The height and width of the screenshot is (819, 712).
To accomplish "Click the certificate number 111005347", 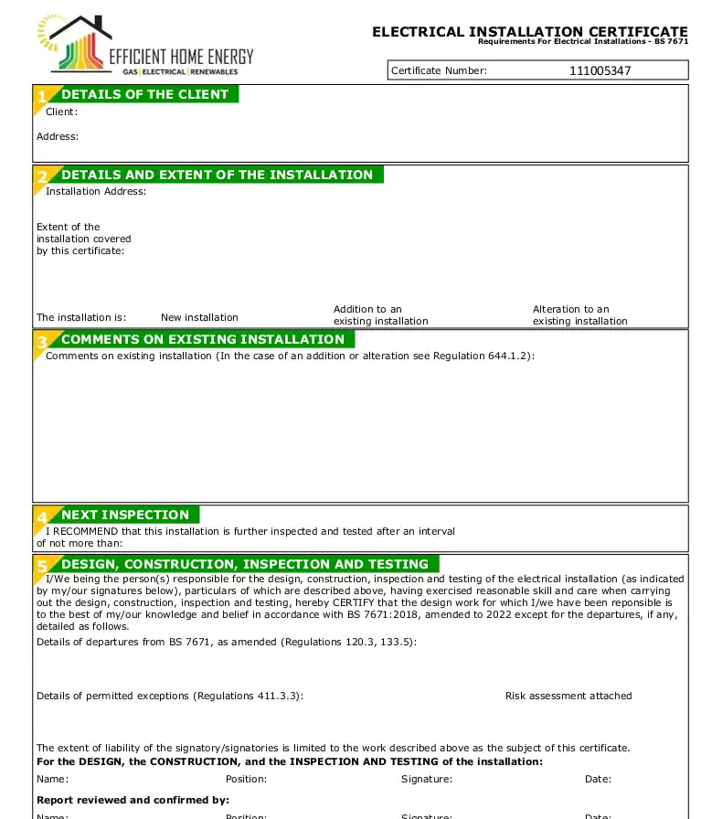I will [600, 70].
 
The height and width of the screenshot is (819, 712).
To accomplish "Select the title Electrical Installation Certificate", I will [529, 32].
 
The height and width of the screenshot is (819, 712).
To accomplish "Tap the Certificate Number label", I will [439, 70].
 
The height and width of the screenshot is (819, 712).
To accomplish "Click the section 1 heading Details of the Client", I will [144, 94].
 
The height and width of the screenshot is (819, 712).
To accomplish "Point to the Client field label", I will [61, 112].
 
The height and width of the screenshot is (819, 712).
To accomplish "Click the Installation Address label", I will [95, 191].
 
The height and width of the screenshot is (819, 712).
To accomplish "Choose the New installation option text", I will [199, 317].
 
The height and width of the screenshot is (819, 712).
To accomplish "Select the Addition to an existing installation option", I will [380, 315].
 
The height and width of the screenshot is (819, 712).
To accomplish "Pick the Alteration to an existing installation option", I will [579, 315].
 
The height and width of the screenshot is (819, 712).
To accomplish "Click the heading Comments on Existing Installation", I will [202, 339].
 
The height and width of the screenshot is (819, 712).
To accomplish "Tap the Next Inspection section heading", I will [124, 515].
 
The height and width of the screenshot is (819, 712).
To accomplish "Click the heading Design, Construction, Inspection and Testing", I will [244, 564].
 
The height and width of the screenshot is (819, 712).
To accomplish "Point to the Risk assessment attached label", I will [569, 696].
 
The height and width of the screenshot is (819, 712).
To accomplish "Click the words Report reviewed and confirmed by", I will [133, 800].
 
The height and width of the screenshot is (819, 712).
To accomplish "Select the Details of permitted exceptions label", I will [169, 696].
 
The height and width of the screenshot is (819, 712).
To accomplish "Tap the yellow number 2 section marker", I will [42, 176].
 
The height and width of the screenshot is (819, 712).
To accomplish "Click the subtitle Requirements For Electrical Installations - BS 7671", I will [582, 42].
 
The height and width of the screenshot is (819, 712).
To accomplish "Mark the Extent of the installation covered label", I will [83, 239].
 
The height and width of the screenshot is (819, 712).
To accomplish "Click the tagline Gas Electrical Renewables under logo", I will [180, 71].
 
